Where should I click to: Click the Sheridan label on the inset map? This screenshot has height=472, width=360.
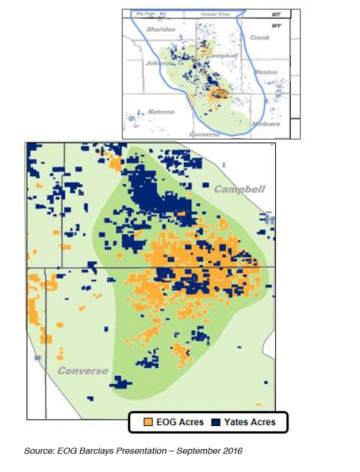pyautogui.click(x=160, y=29)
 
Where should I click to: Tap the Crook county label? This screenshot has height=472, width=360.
pyautogui.click(x=259, y=37)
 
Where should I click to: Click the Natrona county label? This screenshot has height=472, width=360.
pyautogui.click(x=161, y=112)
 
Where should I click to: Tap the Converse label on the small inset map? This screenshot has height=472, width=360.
pyautogui.click(x=205, y=135)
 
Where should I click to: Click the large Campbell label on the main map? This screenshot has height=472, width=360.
pyautogui.click(x=240, y=189)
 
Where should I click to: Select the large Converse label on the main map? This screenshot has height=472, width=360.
pyautogui.click(x=84, y=371)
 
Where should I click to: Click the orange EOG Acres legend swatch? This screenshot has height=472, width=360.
pyautogui.click(x=148, y=422)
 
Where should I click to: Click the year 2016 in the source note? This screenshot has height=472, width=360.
pyautogui.click(x=230, y=451)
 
